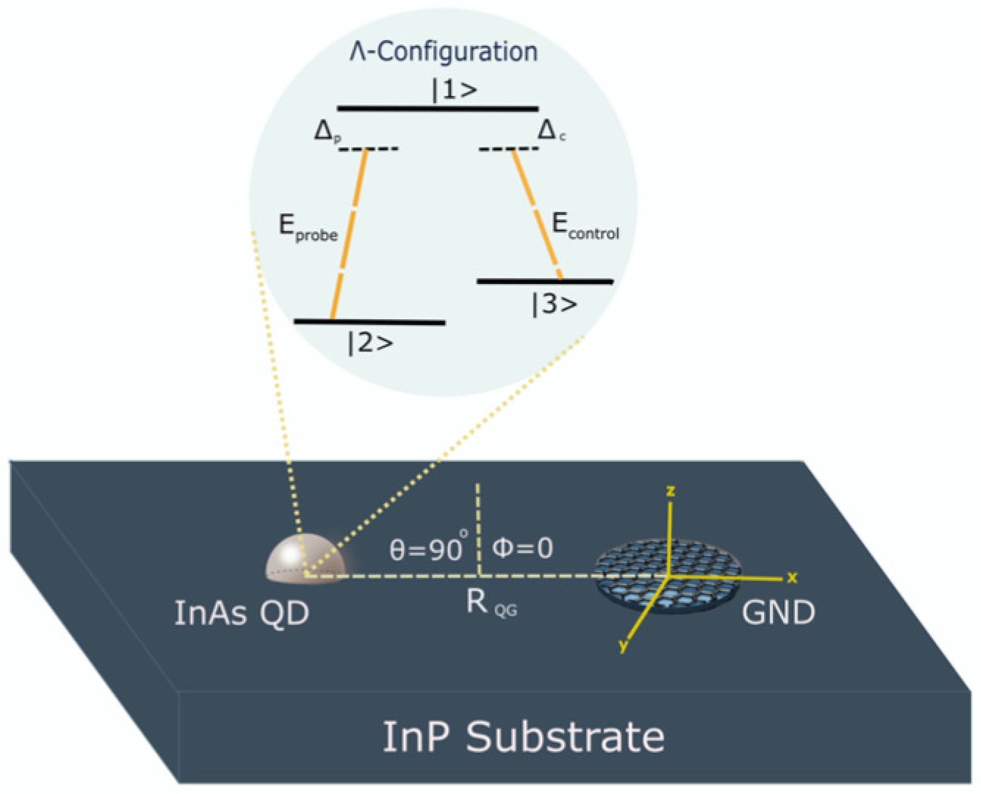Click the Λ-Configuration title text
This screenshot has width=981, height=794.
tap(443, 52)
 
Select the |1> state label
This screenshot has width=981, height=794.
tap(454, 90)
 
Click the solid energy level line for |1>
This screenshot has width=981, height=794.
tap(437, 109)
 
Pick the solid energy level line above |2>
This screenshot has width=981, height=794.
tap(369, 322)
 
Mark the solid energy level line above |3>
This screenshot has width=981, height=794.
tap(544, 282)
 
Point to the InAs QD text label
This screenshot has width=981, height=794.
tap(241, 613)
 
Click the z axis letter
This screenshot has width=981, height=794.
tap(671, 491)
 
